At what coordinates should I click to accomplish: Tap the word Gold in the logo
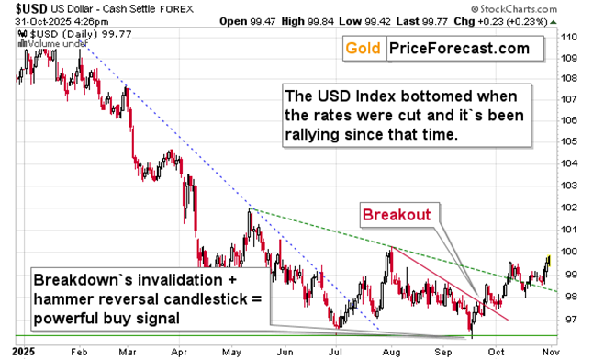pos(362,48)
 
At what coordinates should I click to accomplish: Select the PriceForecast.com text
pos(457,48)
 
